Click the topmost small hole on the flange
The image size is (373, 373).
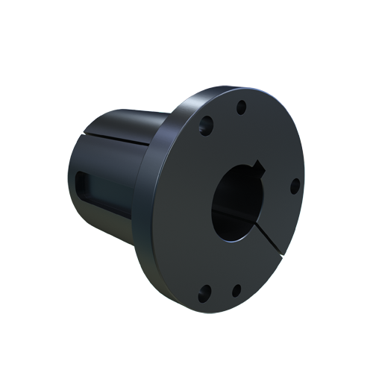pyautogui.click(x=241, y=108)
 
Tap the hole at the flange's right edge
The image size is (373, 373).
pyautogui.click(x=294, y=184)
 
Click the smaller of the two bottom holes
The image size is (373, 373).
pyautogui.click(x=236, y=290)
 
